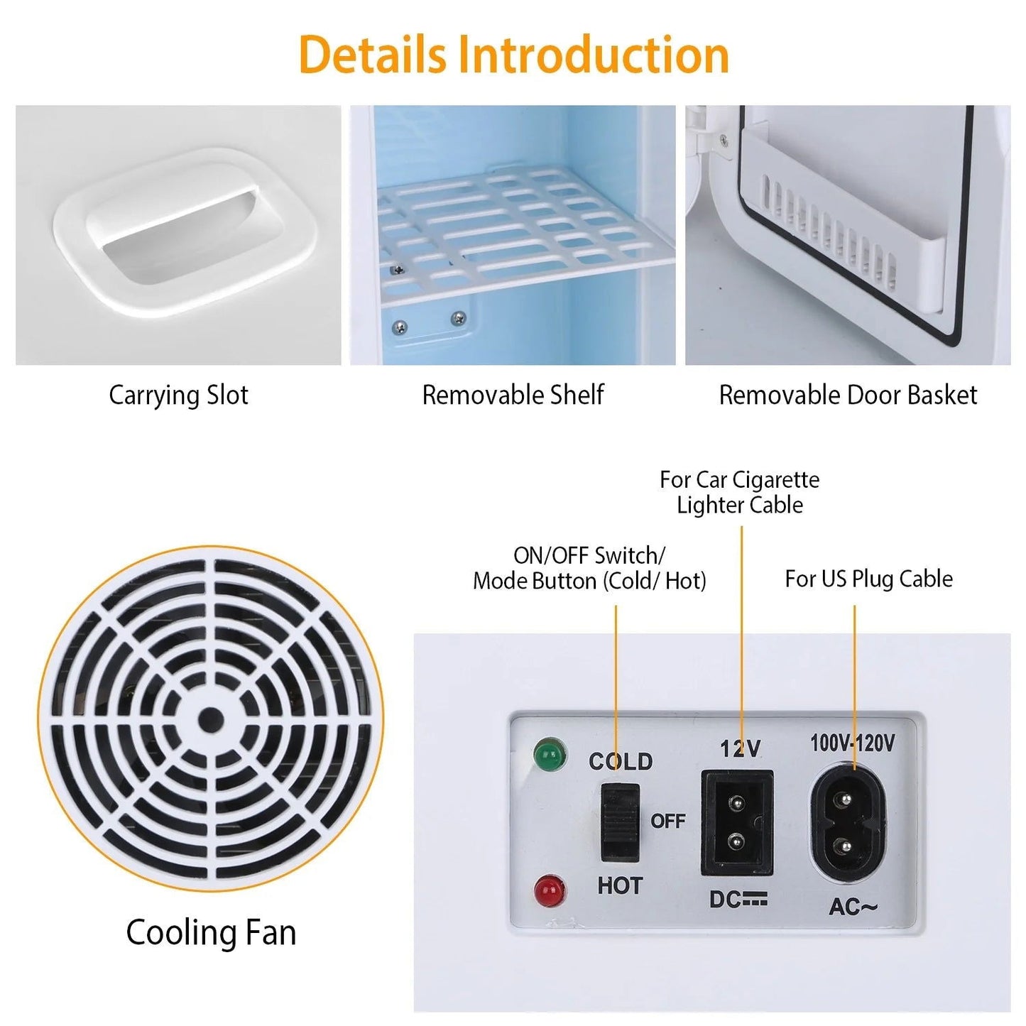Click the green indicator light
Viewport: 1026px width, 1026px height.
click(x=550, y=754)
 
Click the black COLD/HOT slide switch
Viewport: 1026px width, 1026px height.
click(x=621, y=823)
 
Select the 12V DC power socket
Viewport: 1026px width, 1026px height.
click(x=737, y=823)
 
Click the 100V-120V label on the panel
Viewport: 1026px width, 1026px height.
click(x=853, y=743)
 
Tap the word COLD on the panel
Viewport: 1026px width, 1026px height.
click(x=621, y=761)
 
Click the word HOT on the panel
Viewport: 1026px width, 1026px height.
click(x=620, y=886)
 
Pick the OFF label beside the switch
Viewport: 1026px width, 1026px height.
click(x=667, y=822)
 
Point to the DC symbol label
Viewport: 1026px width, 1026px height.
click(x=738, y=900)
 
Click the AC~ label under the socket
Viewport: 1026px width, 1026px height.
click(x=853, y=906)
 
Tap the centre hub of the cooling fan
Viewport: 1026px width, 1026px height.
click(x=211, y=720)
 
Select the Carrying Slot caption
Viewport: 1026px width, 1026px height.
click(x=179, y=395)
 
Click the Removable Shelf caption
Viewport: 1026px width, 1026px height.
click(x=513, y=395)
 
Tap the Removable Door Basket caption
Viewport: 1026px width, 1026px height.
click(x=848, y=395)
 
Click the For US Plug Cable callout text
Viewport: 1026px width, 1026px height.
click(x=869, y=579)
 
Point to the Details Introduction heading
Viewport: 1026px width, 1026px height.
click(x=513, y=54)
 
